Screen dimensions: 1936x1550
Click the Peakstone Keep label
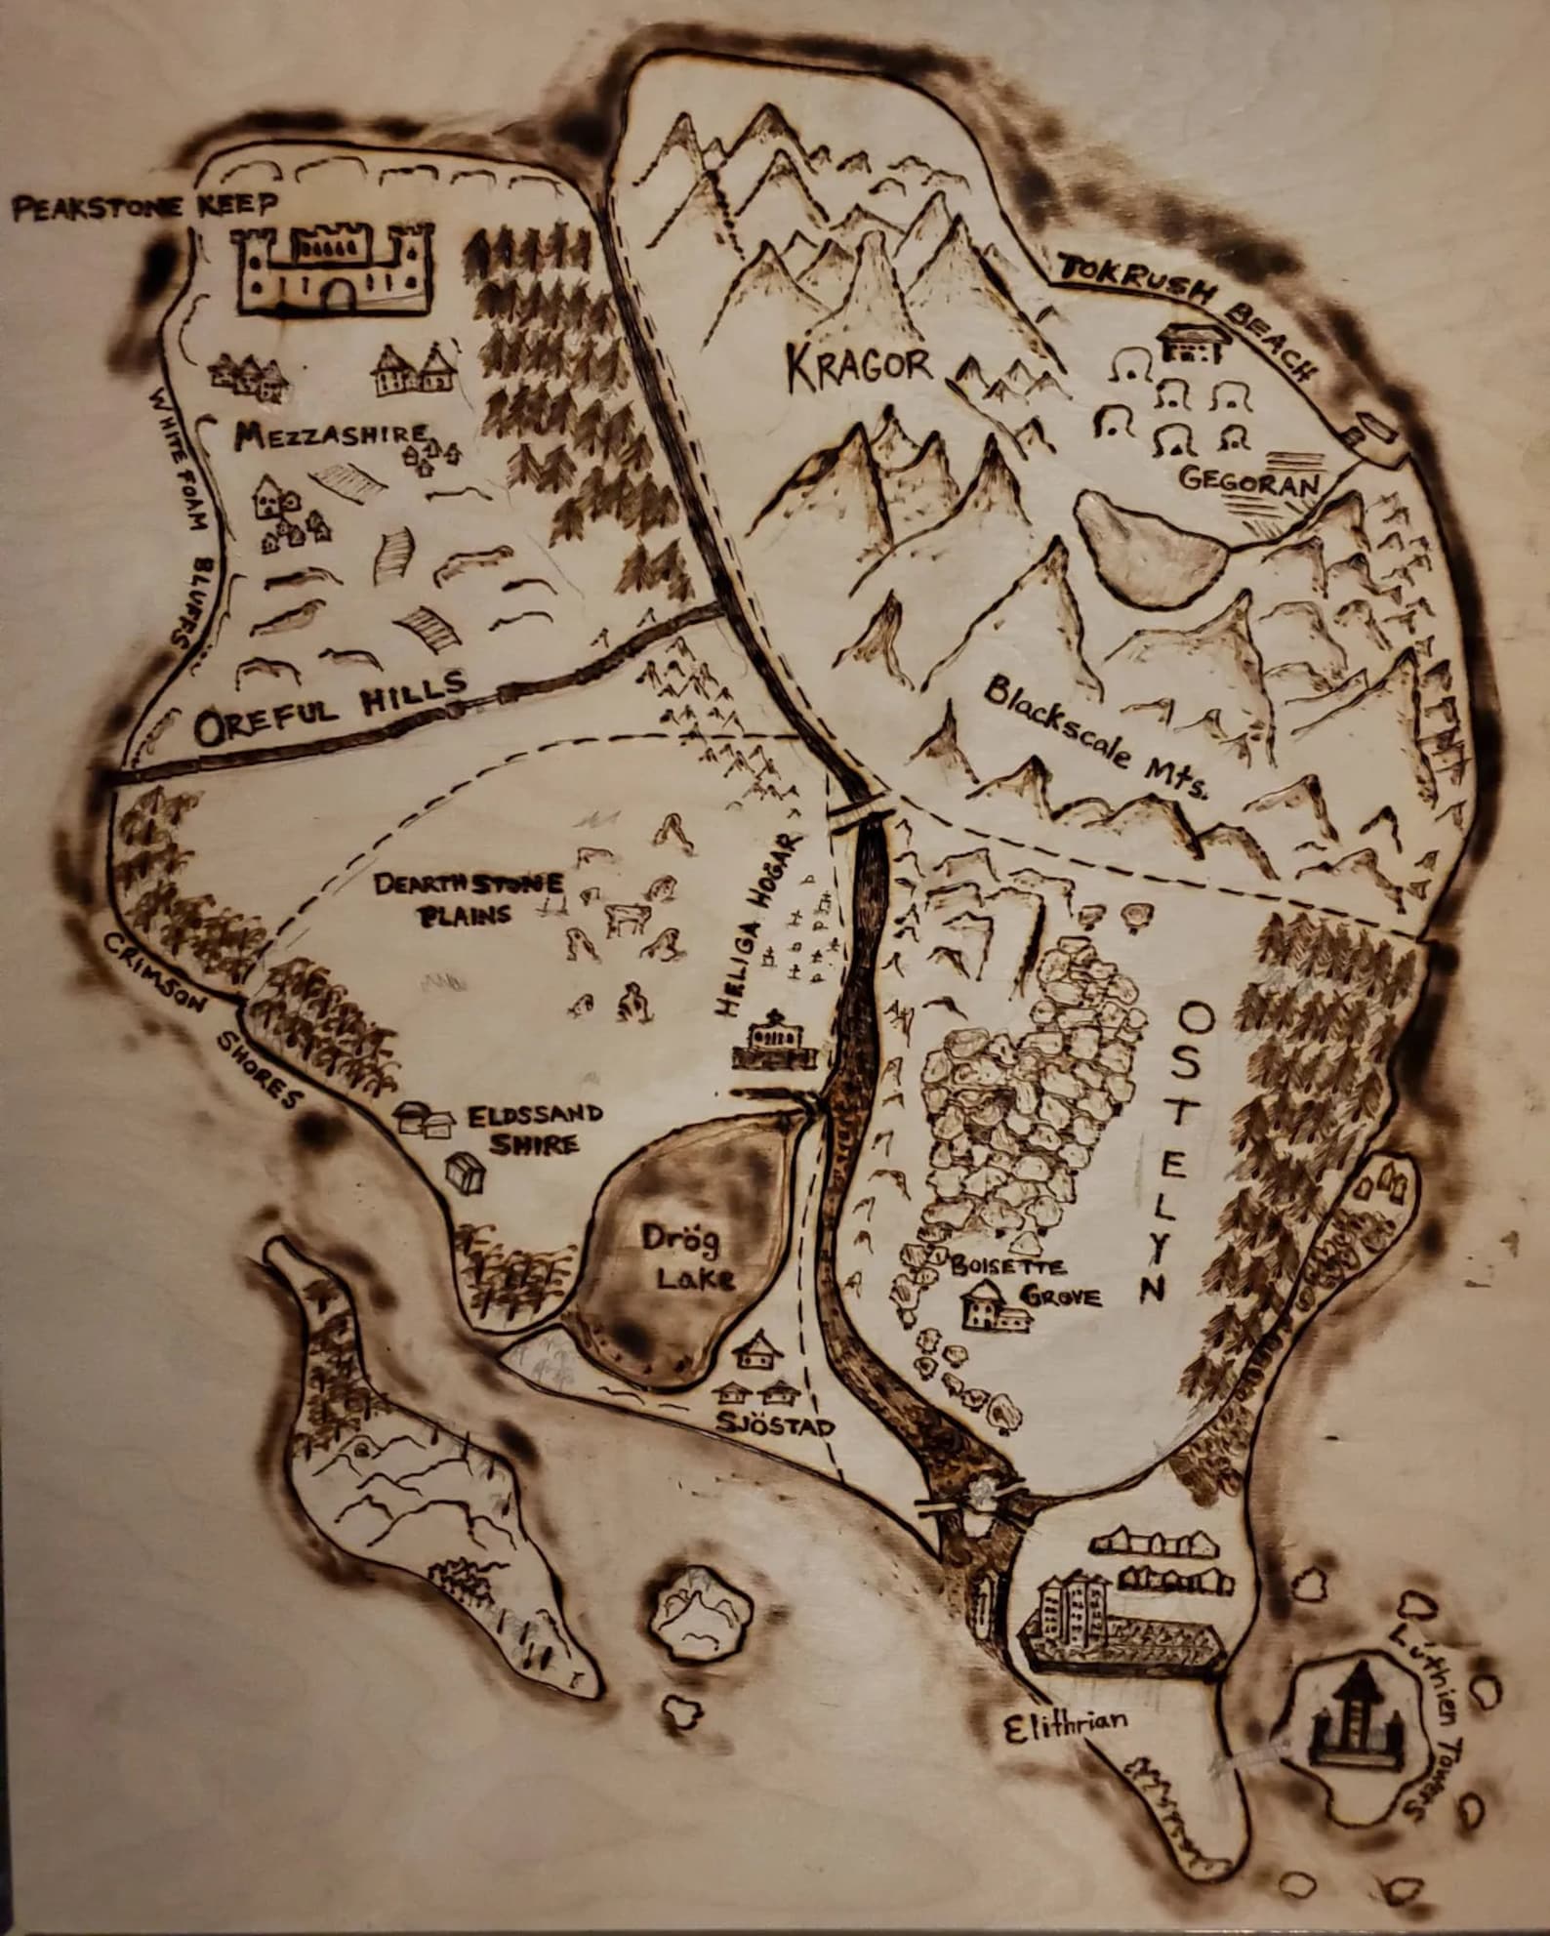[142, 208]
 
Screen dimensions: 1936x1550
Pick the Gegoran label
[1248, 480]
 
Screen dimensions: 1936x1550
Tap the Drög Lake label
[680, 1258]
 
